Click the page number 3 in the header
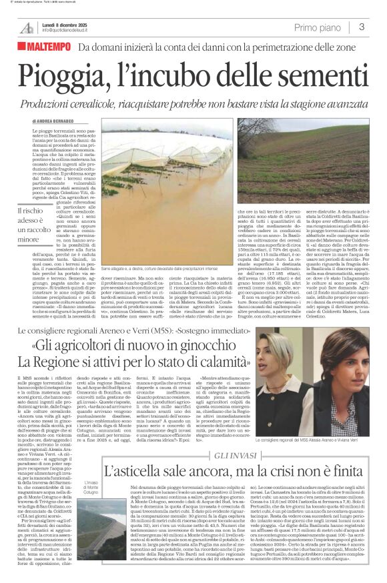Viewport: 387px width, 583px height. (x=361, y=27)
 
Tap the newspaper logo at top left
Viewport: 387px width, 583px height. (x=27, y=28)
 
